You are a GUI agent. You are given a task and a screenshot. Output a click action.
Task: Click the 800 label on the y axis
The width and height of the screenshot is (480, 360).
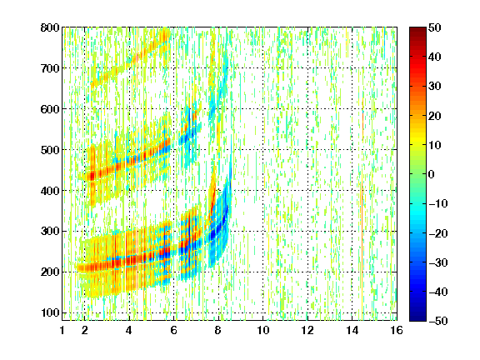50,27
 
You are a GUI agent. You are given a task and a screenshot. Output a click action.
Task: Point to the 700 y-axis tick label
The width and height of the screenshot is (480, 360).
50,68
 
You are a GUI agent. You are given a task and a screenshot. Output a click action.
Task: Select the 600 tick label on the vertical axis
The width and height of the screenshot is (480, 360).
50,109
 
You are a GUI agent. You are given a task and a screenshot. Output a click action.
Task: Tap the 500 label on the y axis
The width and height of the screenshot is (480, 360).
50,150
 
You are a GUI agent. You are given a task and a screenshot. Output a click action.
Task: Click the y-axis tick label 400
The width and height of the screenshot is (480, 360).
50,191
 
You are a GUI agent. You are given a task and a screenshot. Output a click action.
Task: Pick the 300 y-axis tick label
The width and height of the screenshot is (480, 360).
50,232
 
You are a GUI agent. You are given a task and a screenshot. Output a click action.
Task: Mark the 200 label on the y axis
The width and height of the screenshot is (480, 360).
50,272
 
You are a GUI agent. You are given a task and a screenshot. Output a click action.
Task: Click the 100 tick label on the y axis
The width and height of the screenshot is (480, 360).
50,312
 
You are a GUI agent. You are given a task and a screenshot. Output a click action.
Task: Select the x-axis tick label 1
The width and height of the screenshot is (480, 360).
62,331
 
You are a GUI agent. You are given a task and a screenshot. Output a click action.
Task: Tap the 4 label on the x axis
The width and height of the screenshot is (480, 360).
129,331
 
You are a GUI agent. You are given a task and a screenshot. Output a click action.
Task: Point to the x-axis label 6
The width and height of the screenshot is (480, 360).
173,331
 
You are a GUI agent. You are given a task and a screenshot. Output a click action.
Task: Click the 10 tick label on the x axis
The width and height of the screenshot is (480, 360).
263,331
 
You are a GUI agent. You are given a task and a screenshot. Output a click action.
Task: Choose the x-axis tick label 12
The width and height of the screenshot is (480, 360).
307,331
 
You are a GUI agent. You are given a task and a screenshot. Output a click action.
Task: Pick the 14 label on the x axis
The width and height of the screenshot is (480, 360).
352,331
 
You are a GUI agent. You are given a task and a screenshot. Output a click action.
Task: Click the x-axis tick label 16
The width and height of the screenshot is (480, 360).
397,331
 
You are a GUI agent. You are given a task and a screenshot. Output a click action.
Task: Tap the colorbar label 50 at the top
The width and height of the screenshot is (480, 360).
435,27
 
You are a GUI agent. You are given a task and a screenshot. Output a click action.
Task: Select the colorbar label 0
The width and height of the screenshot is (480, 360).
432,174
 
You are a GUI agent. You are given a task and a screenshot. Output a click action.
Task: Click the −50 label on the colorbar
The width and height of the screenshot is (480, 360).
438,321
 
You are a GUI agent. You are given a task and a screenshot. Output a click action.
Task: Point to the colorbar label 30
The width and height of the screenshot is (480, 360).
435,87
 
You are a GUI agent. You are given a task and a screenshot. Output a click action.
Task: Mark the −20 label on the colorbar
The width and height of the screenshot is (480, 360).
438,233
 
